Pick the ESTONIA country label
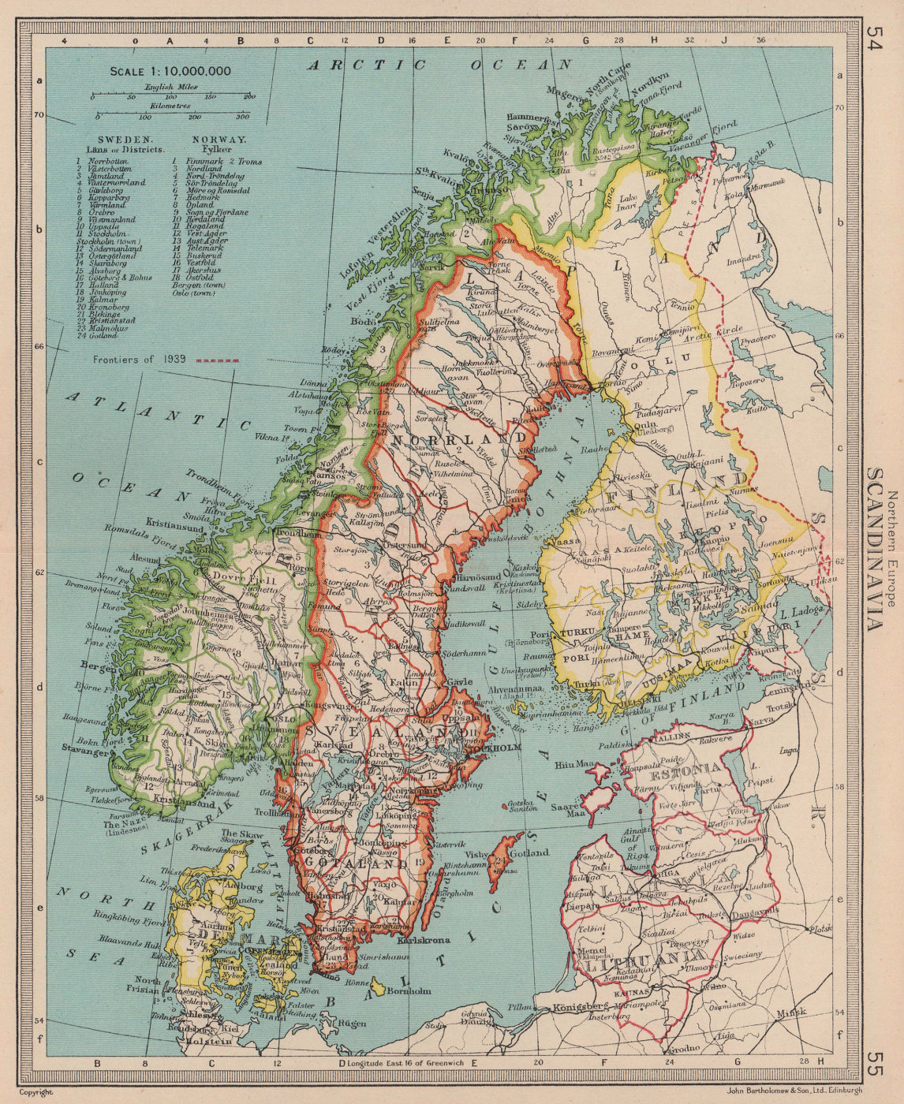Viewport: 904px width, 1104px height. click(692, 766)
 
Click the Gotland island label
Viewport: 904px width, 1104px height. click(529, 853)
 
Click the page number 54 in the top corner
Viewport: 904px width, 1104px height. click(875, 39)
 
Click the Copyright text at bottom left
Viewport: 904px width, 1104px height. click(36, 1092)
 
